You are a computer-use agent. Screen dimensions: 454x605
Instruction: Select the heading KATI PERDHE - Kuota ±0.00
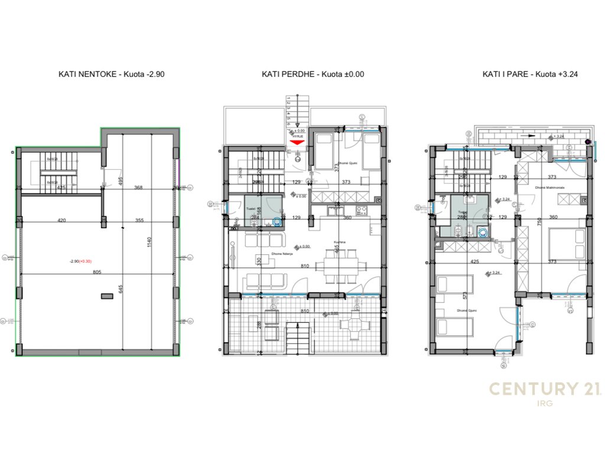point(313,74)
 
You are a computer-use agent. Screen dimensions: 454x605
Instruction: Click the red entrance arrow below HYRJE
point(297,142)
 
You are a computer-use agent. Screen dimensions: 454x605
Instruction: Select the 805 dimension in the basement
point(97,273)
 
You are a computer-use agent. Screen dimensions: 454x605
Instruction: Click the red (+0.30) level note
point(87,261)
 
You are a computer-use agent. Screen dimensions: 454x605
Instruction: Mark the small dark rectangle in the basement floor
point(106,296)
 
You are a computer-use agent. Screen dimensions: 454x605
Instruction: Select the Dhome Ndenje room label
point(266,255)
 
